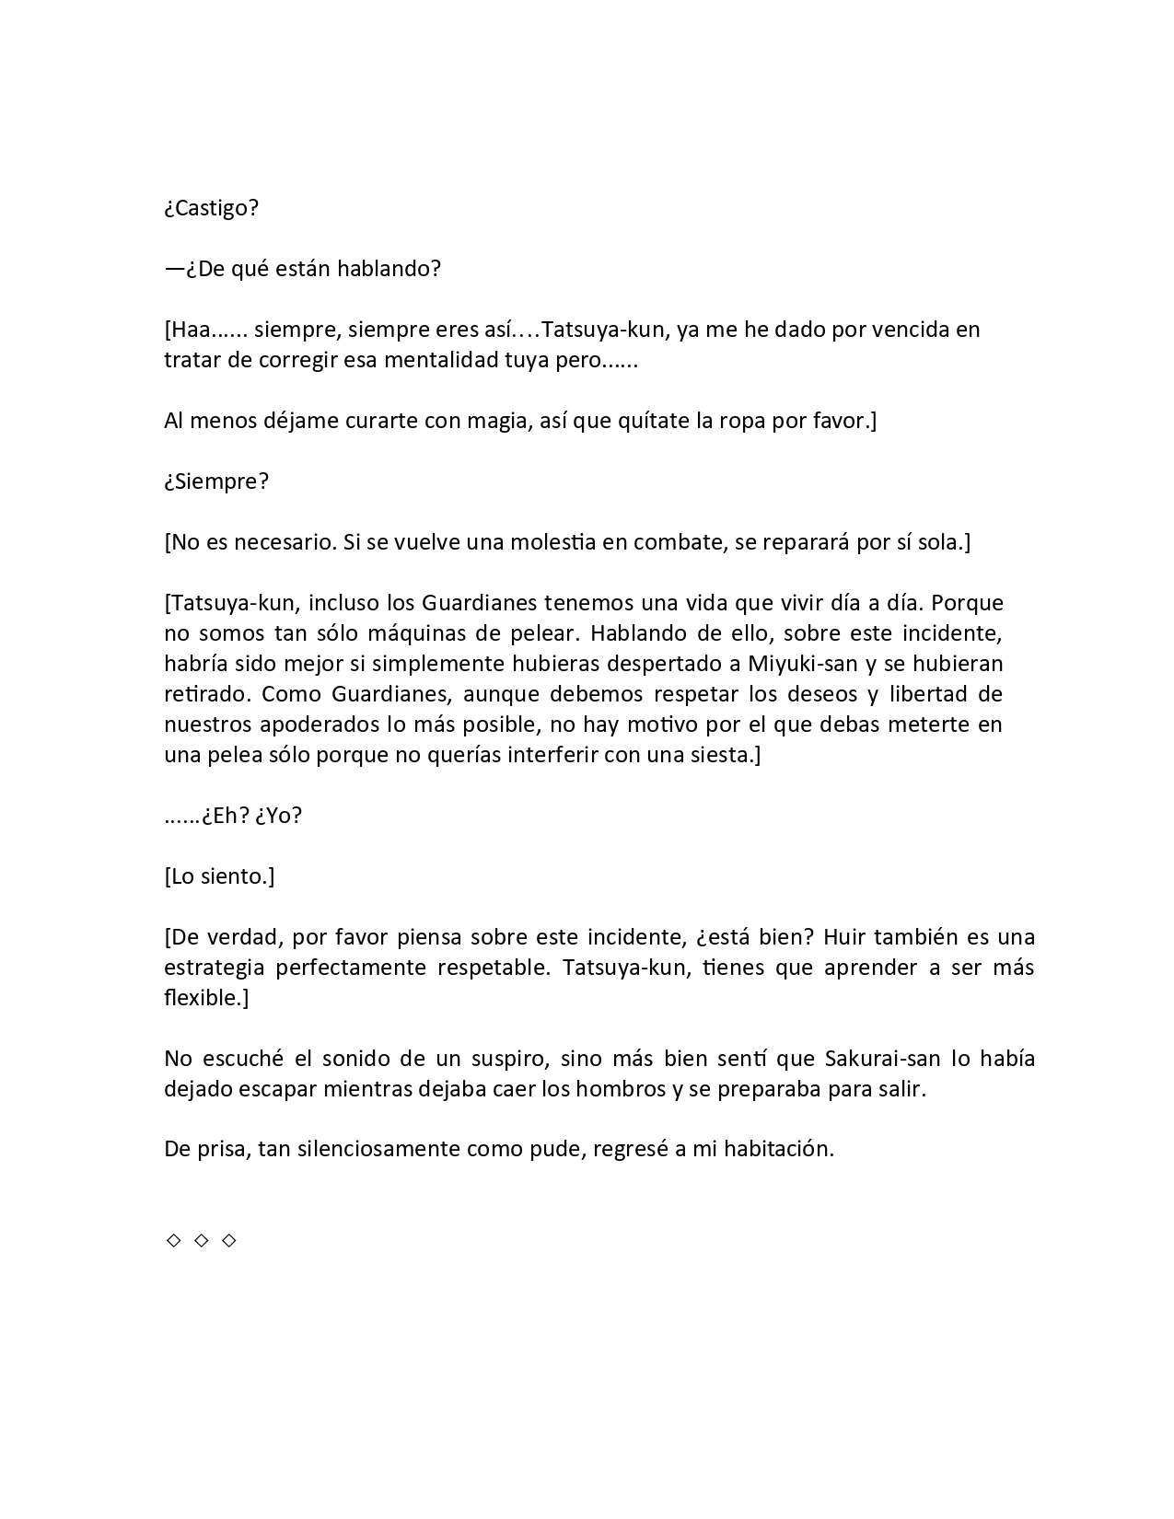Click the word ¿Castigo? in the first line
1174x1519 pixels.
[x=212, y=208]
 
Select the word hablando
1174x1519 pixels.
[x=396, y=269]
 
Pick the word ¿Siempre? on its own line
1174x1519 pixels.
[x=216, y=481]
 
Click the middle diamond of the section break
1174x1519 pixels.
[x=202, y=1241]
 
